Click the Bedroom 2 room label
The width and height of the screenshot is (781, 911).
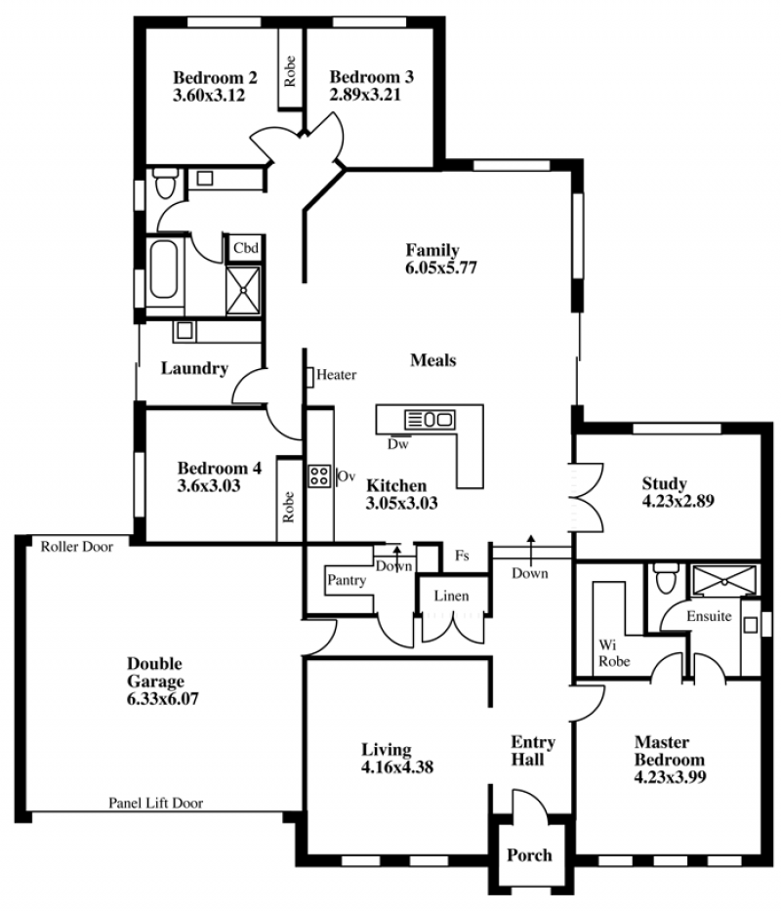tap(215, 77)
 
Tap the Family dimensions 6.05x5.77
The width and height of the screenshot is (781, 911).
tap(441, 268)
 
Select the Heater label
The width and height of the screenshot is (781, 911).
tap(337, 375)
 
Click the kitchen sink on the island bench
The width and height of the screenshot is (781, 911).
tap(430, 419)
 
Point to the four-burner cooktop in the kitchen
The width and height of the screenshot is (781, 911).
tap(319, 476)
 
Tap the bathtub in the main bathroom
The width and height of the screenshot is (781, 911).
tap(163, 269)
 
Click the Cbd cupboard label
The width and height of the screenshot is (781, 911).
tap(246, 248)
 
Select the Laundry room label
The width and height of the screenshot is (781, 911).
tap(194, 368)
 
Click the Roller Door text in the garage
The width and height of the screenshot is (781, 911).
tap(77, 547)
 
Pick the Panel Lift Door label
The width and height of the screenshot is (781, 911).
tap(156, 803)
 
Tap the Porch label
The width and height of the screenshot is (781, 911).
tap(529, 855)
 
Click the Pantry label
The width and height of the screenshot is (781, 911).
tap(347, 580)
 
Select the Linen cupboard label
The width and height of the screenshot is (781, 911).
tap(451, 596)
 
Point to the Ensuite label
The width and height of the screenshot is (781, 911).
tap(709, 616)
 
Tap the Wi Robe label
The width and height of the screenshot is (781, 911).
tap(614, 653)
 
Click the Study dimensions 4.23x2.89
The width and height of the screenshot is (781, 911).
tap(678, 501)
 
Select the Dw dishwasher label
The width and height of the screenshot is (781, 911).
tap(398, 444)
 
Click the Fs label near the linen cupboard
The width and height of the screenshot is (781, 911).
tap(462, 556)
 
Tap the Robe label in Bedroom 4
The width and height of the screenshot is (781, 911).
tap(288, 507)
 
